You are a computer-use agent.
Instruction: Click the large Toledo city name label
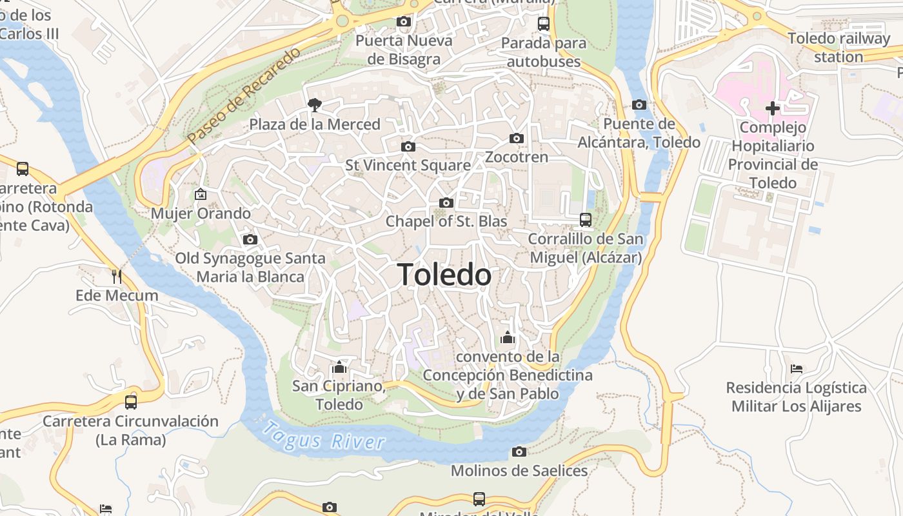(444, 275)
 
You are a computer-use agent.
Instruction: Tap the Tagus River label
(324, 436)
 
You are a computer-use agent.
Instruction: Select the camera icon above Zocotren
(516, 138)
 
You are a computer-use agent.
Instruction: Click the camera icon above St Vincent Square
(408, 146)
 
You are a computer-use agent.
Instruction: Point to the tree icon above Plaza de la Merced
(315, 104)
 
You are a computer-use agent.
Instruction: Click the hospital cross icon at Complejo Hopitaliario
(772, 108)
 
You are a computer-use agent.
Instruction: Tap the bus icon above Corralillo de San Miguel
(585, 220)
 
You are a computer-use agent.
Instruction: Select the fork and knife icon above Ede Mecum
(117, 277)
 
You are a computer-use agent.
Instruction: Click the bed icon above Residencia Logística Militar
(797, 369)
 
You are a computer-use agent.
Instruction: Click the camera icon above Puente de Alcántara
(639, 104)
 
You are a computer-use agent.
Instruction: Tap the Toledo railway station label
(838, 48)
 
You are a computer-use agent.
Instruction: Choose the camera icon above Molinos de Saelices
(519, 451)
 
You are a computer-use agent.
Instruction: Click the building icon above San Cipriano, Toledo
(339, 368)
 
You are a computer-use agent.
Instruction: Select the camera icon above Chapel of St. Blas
(446, 203)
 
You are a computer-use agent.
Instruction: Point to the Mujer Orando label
(201, 213)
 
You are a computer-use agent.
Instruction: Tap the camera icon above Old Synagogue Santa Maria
(250, 240)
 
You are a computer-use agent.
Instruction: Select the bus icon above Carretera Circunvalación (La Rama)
(131, 402)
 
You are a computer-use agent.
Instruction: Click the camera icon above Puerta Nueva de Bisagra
(404, 21)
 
